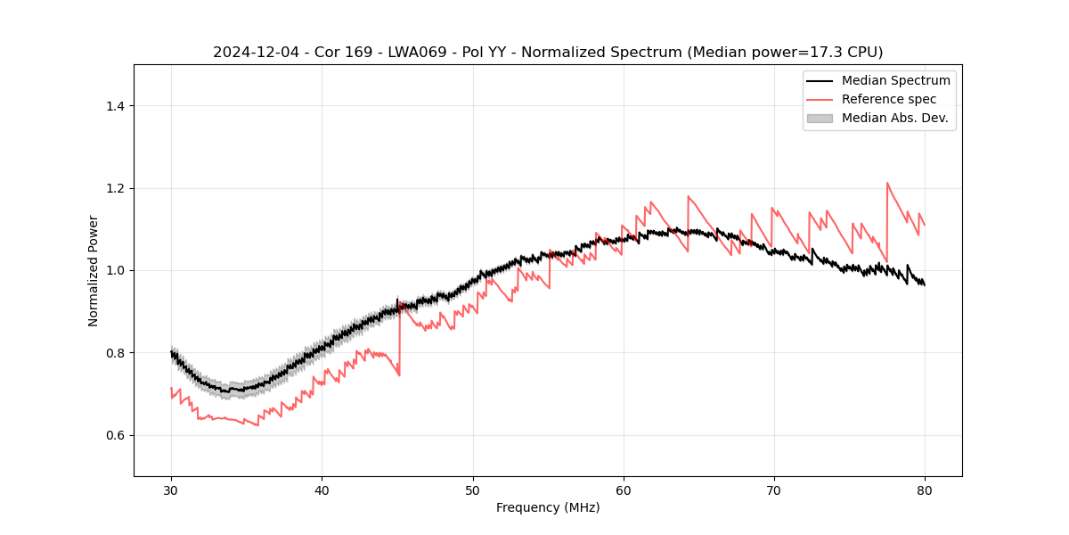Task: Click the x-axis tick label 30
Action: point(171,490)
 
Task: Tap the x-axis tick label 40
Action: point(322,490)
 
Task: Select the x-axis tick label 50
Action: point(472,490)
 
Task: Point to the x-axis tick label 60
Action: point(624,490)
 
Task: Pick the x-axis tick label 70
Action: point(774,490)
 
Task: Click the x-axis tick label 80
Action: point(925,490)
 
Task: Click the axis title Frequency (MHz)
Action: point(548,507)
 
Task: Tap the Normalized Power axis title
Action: point(94,270)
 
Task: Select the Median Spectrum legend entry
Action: point(895,80)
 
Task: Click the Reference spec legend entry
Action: point(889,99)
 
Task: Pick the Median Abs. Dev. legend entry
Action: point(894,118)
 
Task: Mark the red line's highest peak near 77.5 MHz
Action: point(887,183)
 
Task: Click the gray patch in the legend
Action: point(819,118)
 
